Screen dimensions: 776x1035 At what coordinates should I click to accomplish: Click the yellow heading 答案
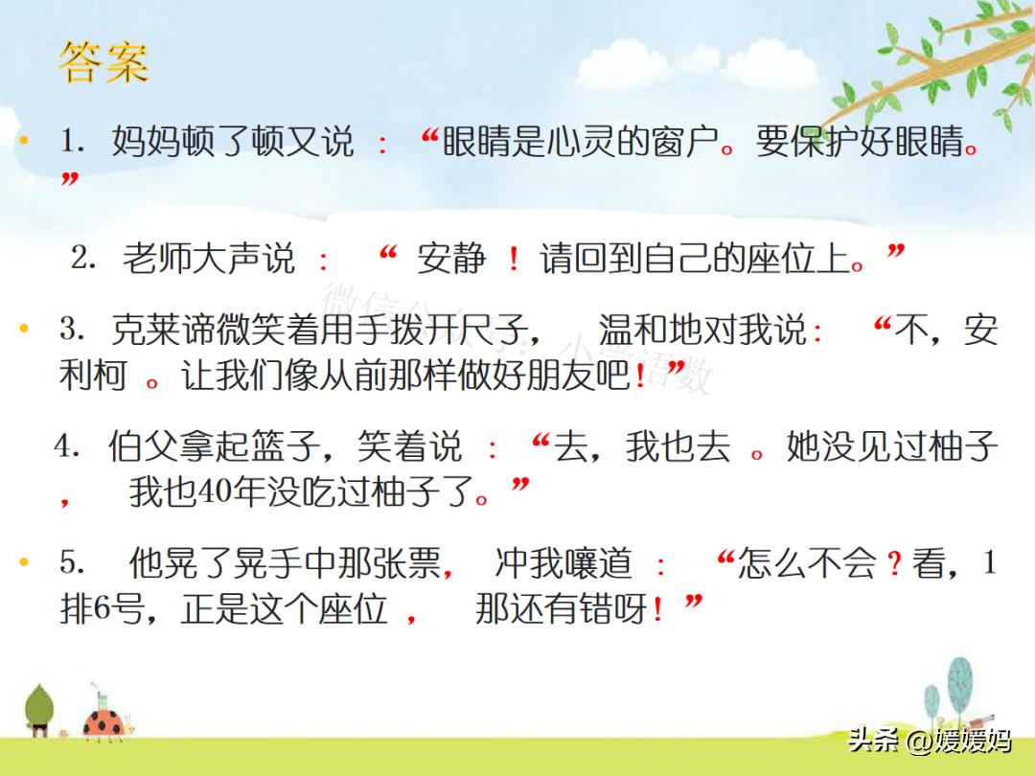coord(103,63)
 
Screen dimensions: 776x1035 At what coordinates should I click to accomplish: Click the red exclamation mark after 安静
coord(514,259)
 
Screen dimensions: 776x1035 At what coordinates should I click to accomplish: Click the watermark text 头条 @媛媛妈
coord(929,740)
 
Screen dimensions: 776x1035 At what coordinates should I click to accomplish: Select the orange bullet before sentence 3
coord(25,330)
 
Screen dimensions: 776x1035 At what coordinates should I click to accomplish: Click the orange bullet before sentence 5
coord(25,563)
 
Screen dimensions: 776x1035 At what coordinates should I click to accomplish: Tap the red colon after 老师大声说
coord(324,261)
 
